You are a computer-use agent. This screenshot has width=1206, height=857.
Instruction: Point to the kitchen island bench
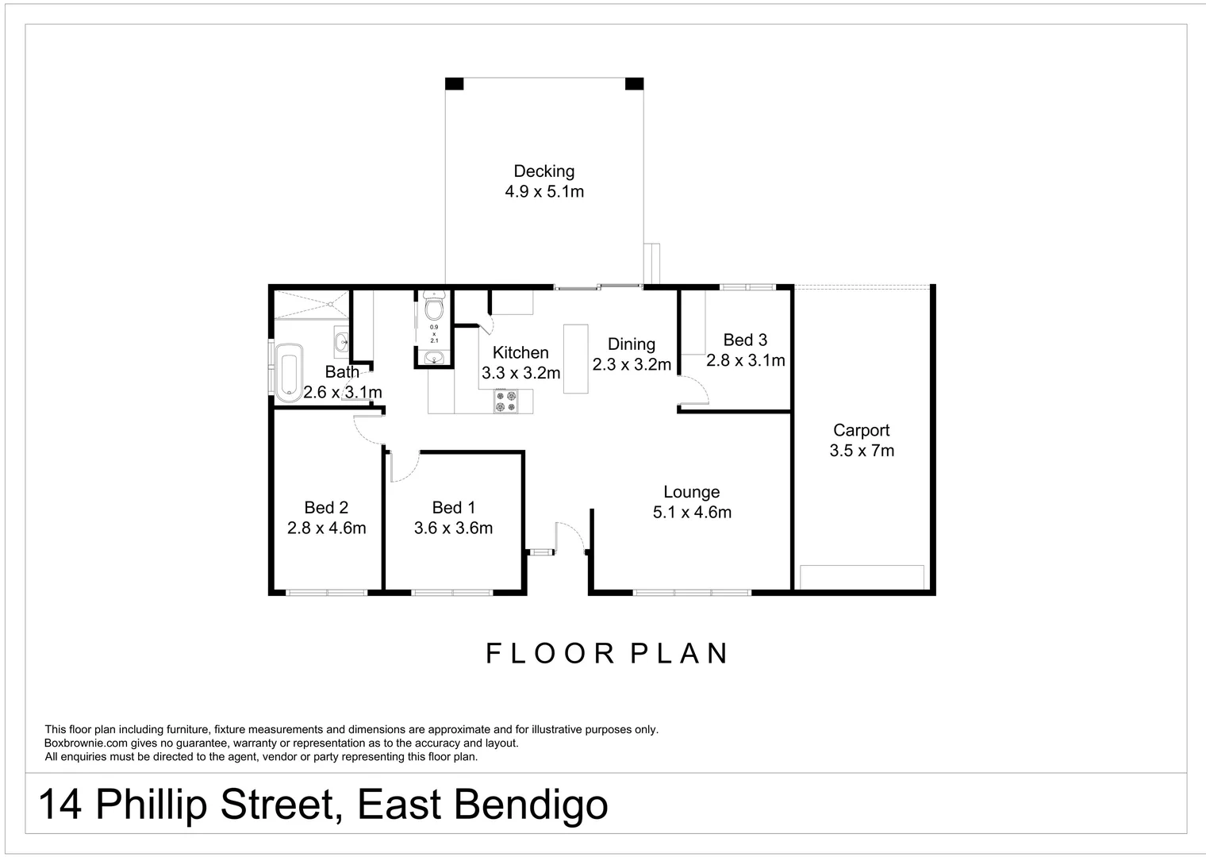pyautogui.click(x=575, y=359)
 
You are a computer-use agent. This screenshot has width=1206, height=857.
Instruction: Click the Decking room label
pyautogui.click(x=543, y=171)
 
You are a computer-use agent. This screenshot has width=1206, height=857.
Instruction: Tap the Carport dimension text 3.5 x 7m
pyautogui.click(x=862, y=451)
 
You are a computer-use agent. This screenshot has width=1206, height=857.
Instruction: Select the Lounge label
pyautogui.click(x=691, y=492)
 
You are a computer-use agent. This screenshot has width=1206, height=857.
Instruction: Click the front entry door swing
pyautogui.click(x=570, y=536)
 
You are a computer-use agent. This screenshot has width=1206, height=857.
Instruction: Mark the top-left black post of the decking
pyautogui.click(x=454, y=83)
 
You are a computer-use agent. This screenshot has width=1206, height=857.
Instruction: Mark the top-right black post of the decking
pyautogui.click(x=634, y=83)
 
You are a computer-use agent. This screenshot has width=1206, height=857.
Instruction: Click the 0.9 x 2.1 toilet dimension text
pyautogui.click(x=434, y=333)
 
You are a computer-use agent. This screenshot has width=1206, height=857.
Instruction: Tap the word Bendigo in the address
pyautogui.click(x=531, y=805)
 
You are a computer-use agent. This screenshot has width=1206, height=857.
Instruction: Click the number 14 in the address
pyautogui.click(x=60, y=805)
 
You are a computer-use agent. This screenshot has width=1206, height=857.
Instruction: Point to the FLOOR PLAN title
pyautogui.click(x=607, y=654)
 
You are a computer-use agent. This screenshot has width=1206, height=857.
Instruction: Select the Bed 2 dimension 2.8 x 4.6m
pyautogui.click(x=326, y=528)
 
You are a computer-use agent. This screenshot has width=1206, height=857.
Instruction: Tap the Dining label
pyautogui.click(x=631, y=344)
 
